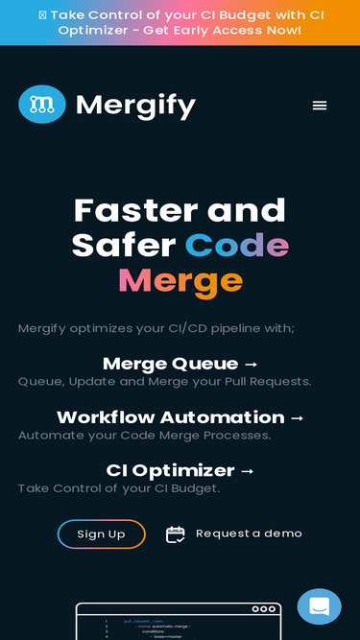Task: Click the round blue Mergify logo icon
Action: click(42, 105)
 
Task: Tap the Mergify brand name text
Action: click(135, 105)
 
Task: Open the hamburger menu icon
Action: click(320, 106)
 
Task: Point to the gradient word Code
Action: click(237, 246)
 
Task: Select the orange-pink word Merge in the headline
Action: click(180, 281)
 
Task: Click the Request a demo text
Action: click(249, 533)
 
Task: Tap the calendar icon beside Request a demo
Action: click(175, 534)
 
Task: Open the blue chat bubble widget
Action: click(319, 606)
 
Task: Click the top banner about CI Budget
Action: click(180, 22)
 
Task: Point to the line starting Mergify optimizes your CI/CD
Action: click(156, 329)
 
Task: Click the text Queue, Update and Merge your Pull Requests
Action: click(164, 382)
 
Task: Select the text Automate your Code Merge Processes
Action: click(144, 435)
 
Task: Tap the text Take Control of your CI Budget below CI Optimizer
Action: click(119, 488)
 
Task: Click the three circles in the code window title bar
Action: click(263, 609)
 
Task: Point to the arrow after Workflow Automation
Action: click(297, 417)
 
